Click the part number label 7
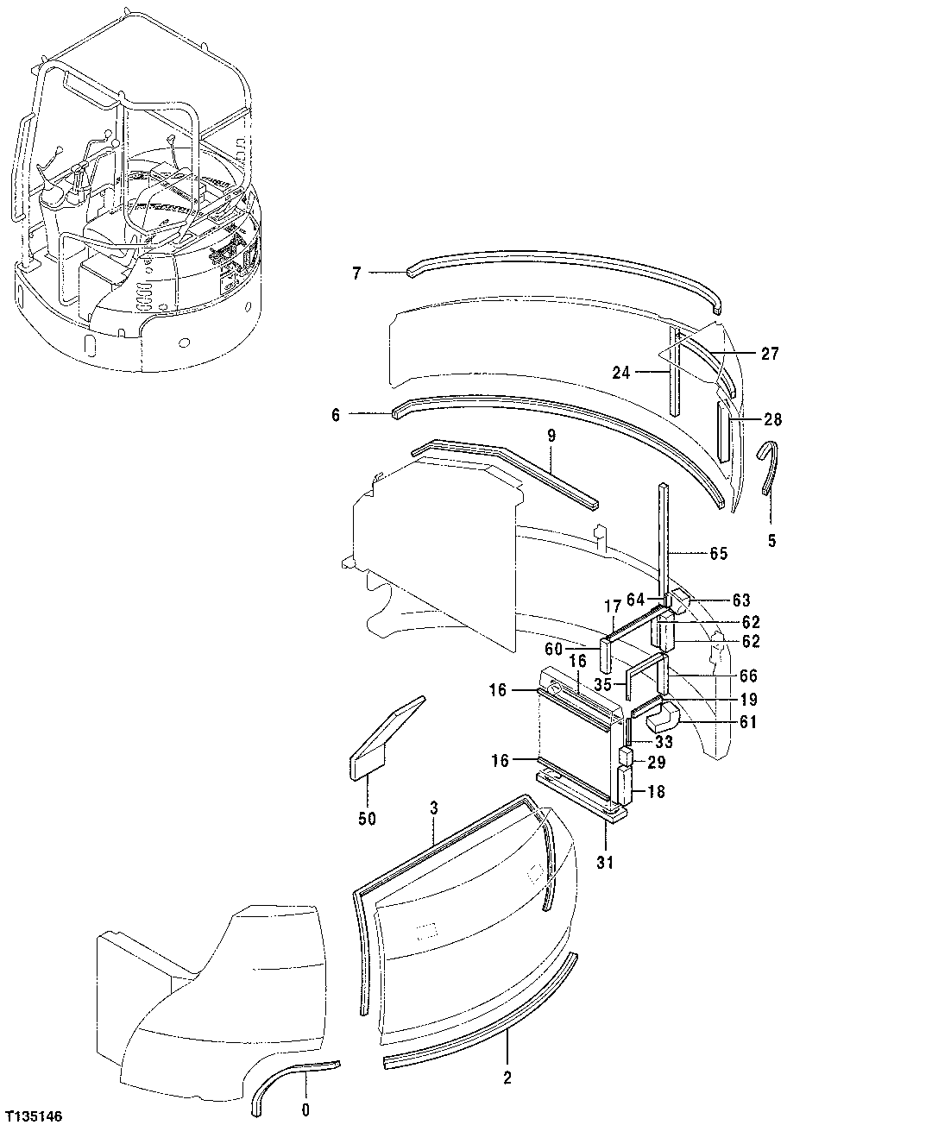tap(356, 273)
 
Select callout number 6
tap(336, 415)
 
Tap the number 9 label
tap(551, 437)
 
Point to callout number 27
tap(770, 353)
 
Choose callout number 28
tap(772, 419)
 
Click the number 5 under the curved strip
tap(771, 541)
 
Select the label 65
tap(718, 554)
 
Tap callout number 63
tap(740, 600)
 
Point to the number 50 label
tap(367, 819)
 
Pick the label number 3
tap(434, 808)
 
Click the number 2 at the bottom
tap(507, 1078)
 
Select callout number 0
tap(305, 1109)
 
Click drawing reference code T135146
tap(34, 1116)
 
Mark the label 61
tap(747, 721)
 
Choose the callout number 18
tap(656, 791)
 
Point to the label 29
tap(657, 762)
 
